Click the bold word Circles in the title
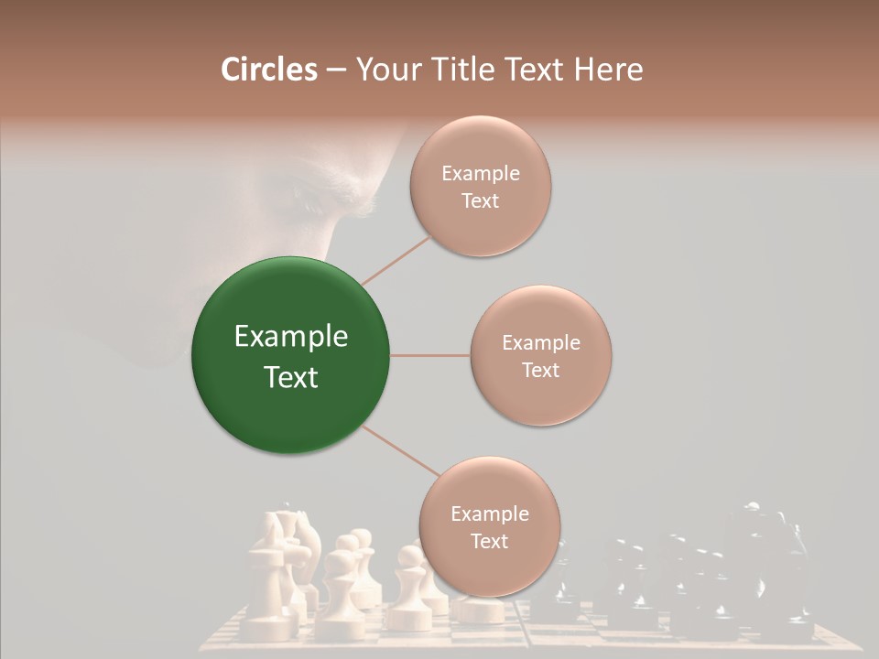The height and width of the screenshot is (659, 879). (268, 70)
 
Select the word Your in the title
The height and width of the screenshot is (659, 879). (385, 70)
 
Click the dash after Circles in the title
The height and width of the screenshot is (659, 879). (335, 70)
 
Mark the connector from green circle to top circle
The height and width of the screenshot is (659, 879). (397, 259)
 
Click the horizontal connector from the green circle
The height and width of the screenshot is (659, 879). (429, 355)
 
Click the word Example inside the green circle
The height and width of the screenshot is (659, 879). (291, 337)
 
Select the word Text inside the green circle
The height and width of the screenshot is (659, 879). (291, 377)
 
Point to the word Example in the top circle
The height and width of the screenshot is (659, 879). (481, 174)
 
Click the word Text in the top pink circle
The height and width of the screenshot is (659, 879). (481, 200)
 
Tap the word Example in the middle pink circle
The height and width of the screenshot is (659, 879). (541, 343)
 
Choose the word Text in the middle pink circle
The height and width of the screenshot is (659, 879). (541, 370)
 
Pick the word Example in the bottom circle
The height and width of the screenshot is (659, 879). (490, 514)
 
